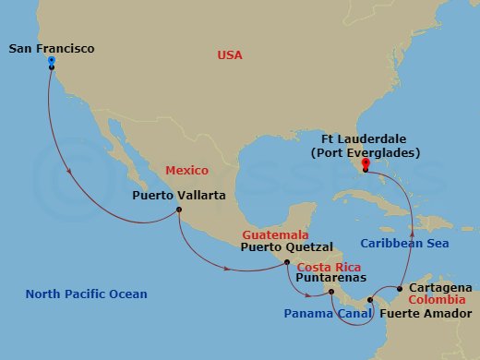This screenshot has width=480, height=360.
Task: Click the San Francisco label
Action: tap(52, 48)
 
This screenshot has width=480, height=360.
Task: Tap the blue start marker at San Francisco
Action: tap(51, 61)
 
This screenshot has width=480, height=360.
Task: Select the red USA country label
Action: tap(230, 55)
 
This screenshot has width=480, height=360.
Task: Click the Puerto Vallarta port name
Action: tap(173, 196)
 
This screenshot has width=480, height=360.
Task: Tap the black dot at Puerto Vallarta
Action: tap(178, 210)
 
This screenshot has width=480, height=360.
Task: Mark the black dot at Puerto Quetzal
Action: tap(286, 262)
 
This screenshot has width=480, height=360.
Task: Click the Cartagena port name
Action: tap(439, 287)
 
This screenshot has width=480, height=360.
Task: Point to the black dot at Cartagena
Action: tap(399, 289)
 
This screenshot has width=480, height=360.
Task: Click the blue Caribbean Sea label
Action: tap(404, 243)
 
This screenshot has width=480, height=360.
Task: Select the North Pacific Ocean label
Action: tap(86, 294)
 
